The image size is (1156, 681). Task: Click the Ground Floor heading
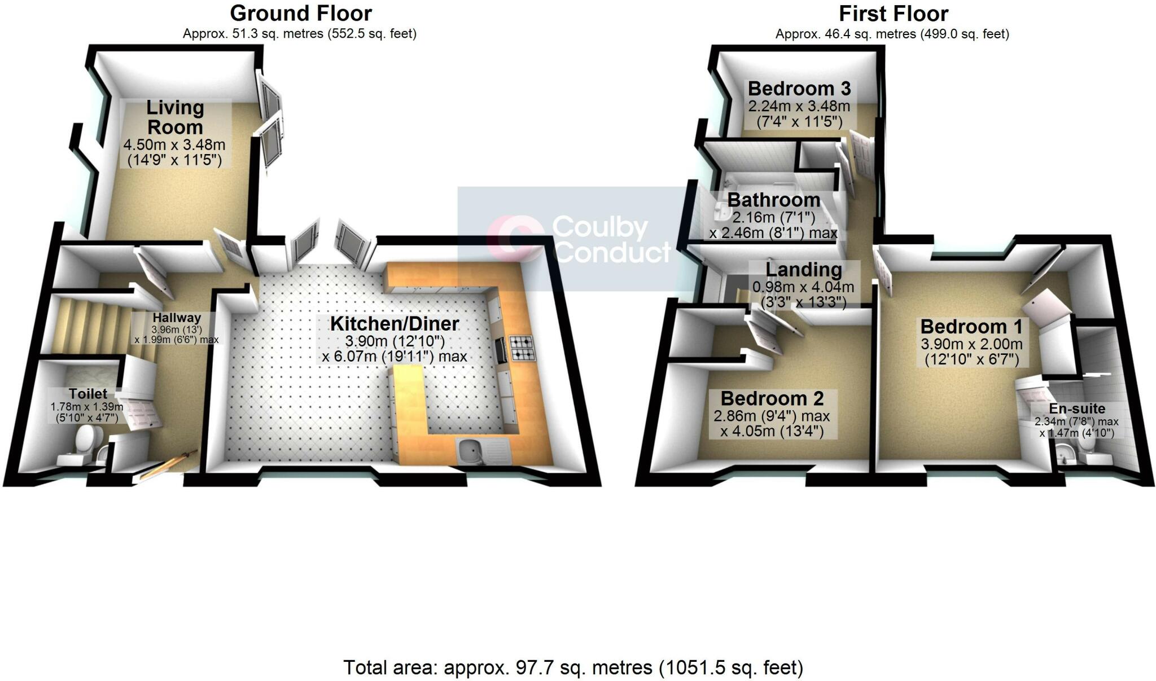click(x=301, y=13)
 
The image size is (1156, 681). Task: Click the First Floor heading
click(x=893, y=13)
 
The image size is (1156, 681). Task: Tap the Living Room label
click(x=175, y=117)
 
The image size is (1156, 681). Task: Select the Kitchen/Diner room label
click(x=395, y=324)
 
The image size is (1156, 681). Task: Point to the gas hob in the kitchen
click(x=522, y=348)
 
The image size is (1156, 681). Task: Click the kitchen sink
click(x=470, y=450)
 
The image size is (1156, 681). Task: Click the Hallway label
click(x=176, y=318)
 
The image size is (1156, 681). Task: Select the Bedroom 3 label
click(x=799, y=89)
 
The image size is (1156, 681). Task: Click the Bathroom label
click(x=773, y=200)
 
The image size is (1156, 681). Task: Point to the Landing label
click(x=804, y=270)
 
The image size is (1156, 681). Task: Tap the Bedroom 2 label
click(x=772, y=398)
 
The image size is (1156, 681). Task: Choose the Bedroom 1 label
click(x=971, y=326)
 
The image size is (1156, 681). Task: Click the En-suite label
click(x=1077, y=408)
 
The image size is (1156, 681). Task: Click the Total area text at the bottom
click(x=573, y=667)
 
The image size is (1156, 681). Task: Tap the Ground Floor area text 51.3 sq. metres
click(x=299, y=34)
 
